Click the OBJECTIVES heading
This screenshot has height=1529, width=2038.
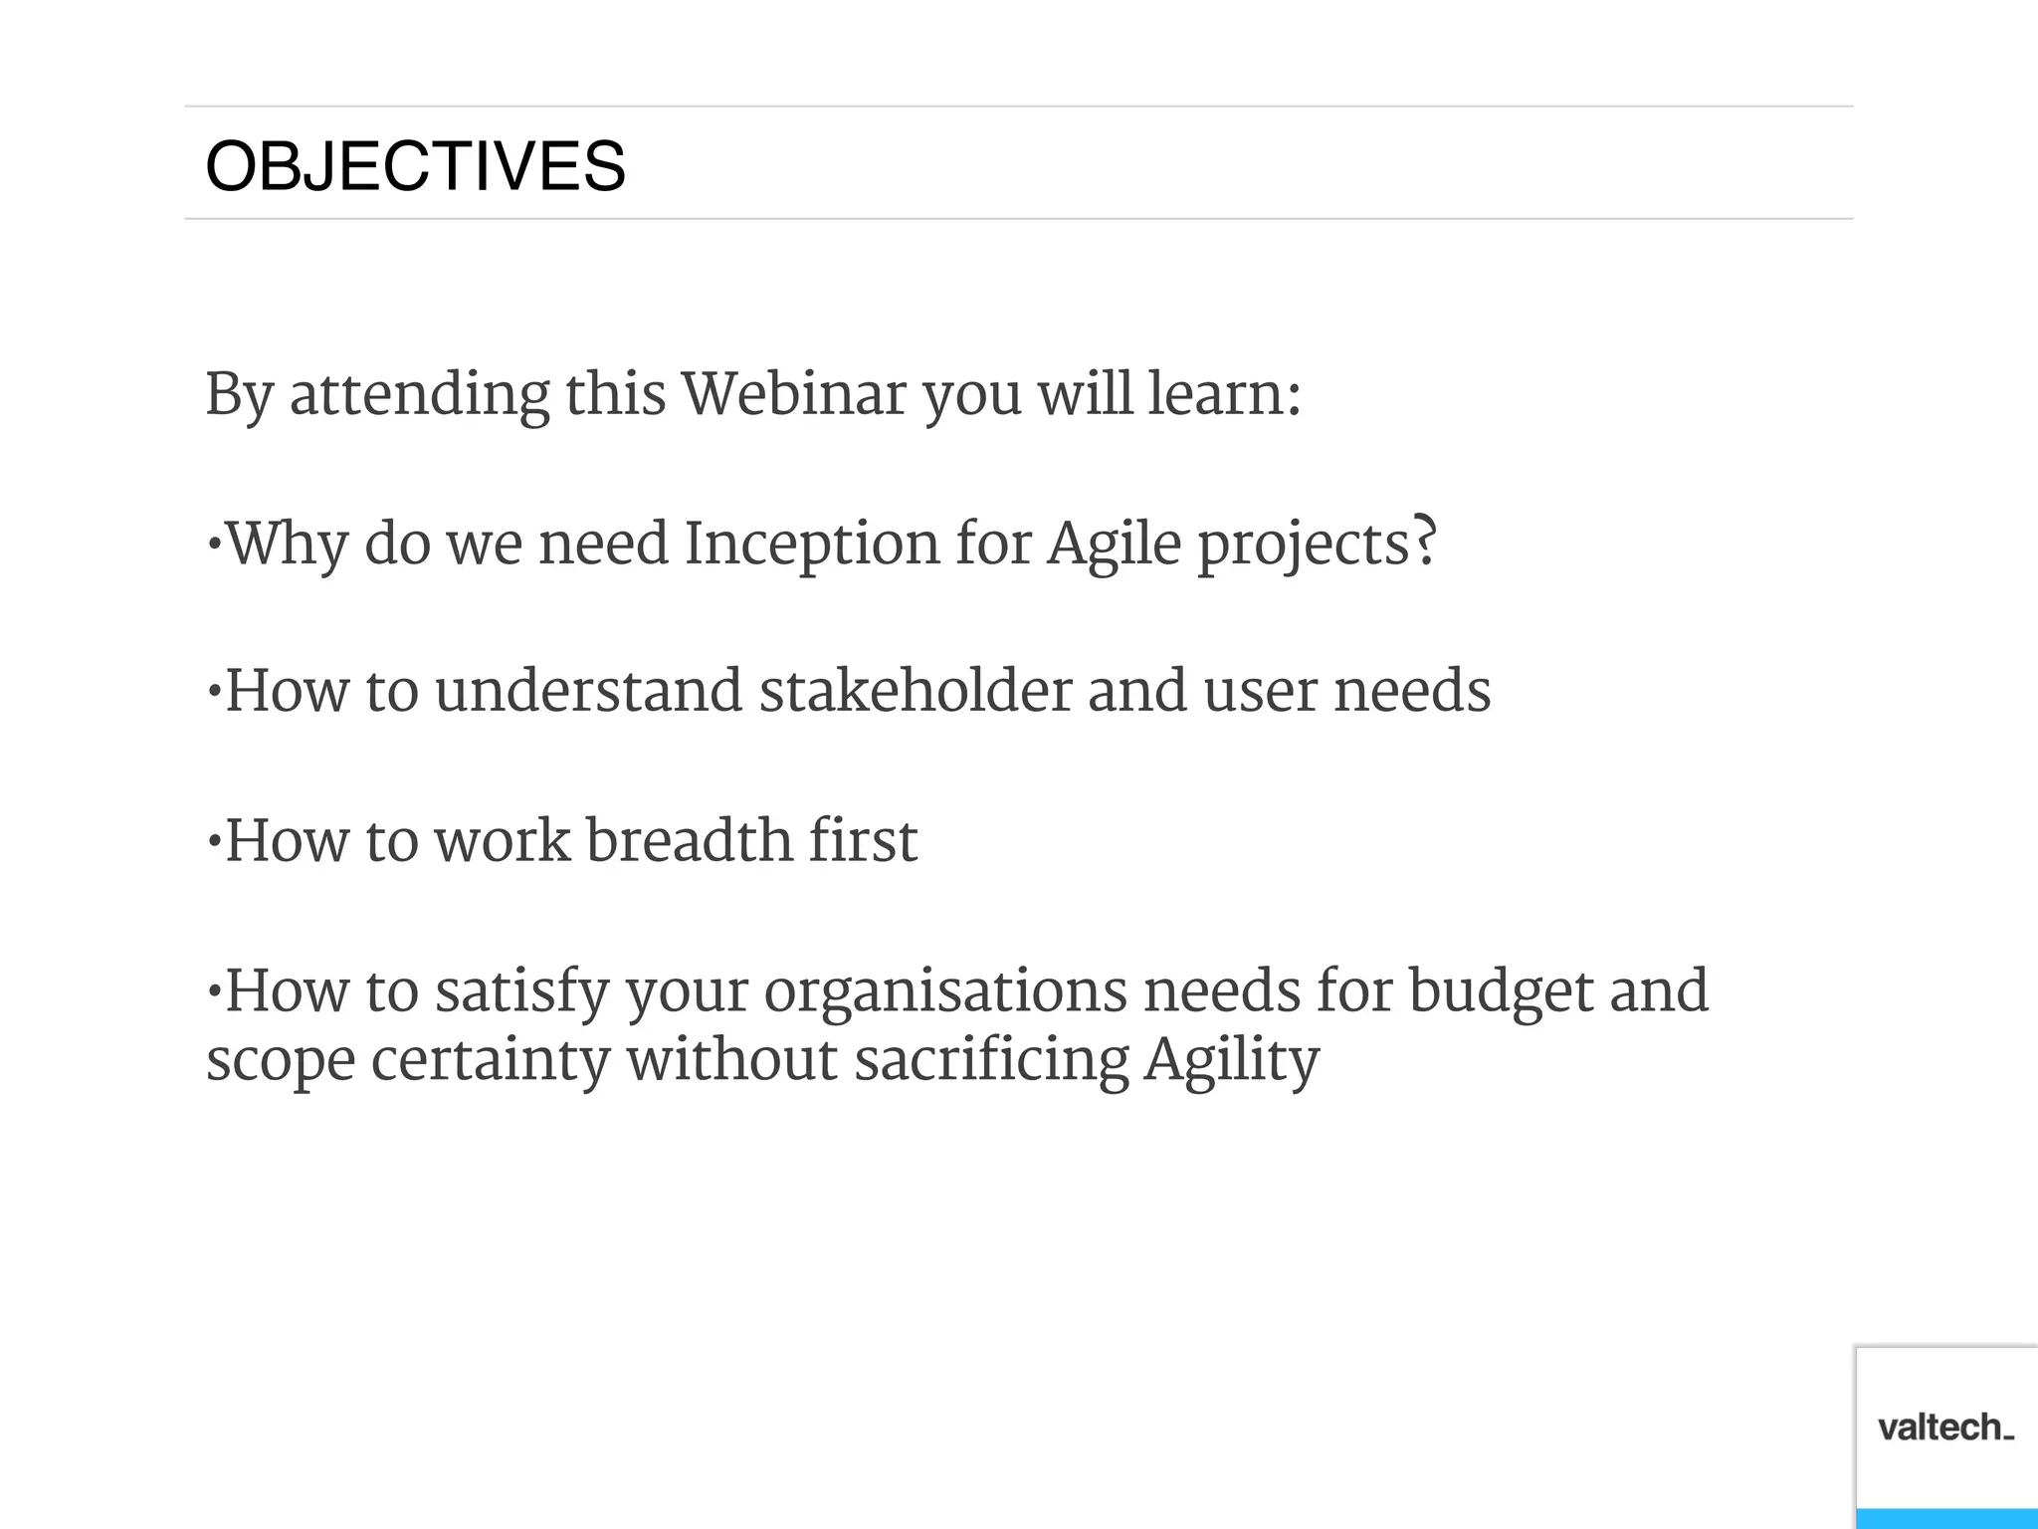point(415,166)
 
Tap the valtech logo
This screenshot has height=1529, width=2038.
point(1945,1427)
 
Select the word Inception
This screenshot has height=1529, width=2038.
point(811,545)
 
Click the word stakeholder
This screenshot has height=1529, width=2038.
point(915,691)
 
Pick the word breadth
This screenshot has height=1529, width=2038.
point(689,840)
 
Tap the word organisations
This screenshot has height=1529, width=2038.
point(944,991)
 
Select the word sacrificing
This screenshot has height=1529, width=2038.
point(991,1060)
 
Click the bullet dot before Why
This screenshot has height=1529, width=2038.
point(213,545)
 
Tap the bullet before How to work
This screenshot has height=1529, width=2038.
point(213,842)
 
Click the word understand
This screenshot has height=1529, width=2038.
point(588,691)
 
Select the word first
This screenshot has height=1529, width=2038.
point(862,840)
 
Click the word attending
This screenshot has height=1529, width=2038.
point(419,395)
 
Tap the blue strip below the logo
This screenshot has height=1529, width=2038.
point(1945,1519)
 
